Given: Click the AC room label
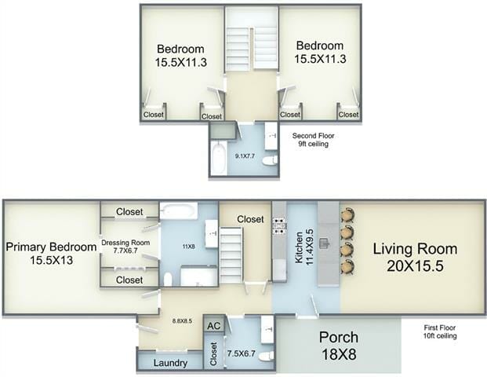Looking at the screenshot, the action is (x=213, y=326).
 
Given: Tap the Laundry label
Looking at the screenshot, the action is (x=170, y=363).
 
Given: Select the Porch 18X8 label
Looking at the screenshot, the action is (x=339, y=346).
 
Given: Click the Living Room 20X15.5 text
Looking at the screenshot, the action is (x=415, y=258).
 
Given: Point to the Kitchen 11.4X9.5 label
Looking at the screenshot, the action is (x=304, y=247).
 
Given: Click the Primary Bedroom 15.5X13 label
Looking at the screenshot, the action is (x=51, y=253).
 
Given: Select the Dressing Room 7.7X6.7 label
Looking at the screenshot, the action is (x=125, y=247).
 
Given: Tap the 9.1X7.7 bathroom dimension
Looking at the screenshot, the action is (x=245, y=156).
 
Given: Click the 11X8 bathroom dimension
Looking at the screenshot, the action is (x=188, y=247).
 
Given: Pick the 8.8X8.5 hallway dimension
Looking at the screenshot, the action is (x=182, y=320).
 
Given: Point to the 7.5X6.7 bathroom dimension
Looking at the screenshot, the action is (x=241, y=353).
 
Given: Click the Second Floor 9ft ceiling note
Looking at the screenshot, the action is (x=313, y=140).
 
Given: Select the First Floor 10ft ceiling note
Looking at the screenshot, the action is (x=440, y=331).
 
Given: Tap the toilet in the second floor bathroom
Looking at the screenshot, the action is (x=270, y=161).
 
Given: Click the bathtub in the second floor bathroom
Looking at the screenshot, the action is (x=219, y=158).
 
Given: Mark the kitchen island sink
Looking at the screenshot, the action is (x=325, y=243).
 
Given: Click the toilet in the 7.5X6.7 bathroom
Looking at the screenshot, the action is (x=267, y=356).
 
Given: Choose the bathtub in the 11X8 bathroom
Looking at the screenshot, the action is (x=179, y=210).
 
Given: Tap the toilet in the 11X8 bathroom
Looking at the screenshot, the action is (x=167, y=279).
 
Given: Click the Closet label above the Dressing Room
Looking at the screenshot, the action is (x=129, y=212).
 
